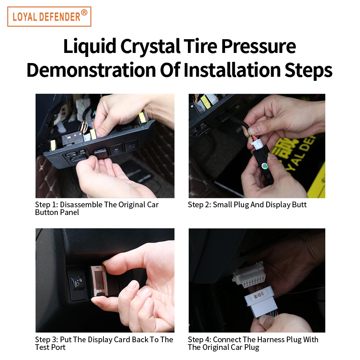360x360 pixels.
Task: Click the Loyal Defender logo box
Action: coord(49,17)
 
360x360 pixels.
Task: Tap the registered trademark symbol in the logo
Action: coord(84,13)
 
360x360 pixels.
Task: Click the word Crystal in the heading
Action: coord(150,46)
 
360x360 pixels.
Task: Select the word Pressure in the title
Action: coord(259,46)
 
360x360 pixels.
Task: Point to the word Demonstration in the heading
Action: coord(91,70)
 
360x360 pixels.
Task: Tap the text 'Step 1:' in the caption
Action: coord(46,204)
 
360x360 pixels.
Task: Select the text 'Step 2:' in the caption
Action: coord(199,204)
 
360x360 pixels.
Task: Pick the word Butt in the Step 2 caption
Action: coord(299,204)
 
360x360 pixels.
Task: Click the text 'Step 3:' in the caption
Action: coord(46,339)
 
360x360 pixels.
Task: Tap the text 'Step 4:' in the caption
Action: coord(199,339)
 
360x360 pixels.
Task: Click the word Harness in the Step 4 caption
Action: coord(270,339)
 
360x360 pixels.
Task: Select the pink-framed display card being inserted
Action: coord(99,281)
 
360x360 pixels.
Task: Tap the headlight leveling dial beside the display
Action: coord(77,284)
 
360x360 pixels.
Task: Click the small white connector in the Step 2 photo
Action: coord(255,145)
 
